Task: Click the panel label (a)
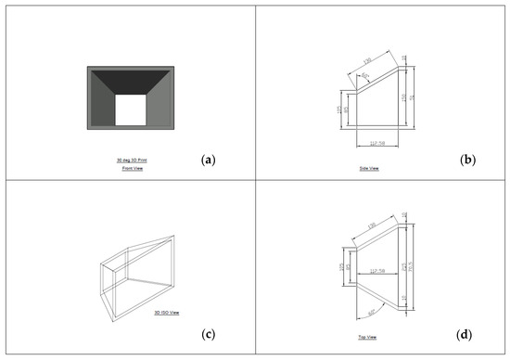pos(208,159)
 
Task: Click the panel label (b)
pos(467,160)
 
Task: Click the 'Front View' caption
pos(130,169)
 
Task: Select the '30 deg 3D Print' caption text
pos(130,161)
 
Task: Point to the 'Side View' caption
pos(369,169)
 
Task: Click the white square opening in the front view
pos(130,111)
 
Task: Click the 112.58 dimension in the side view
pos(376,142)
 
